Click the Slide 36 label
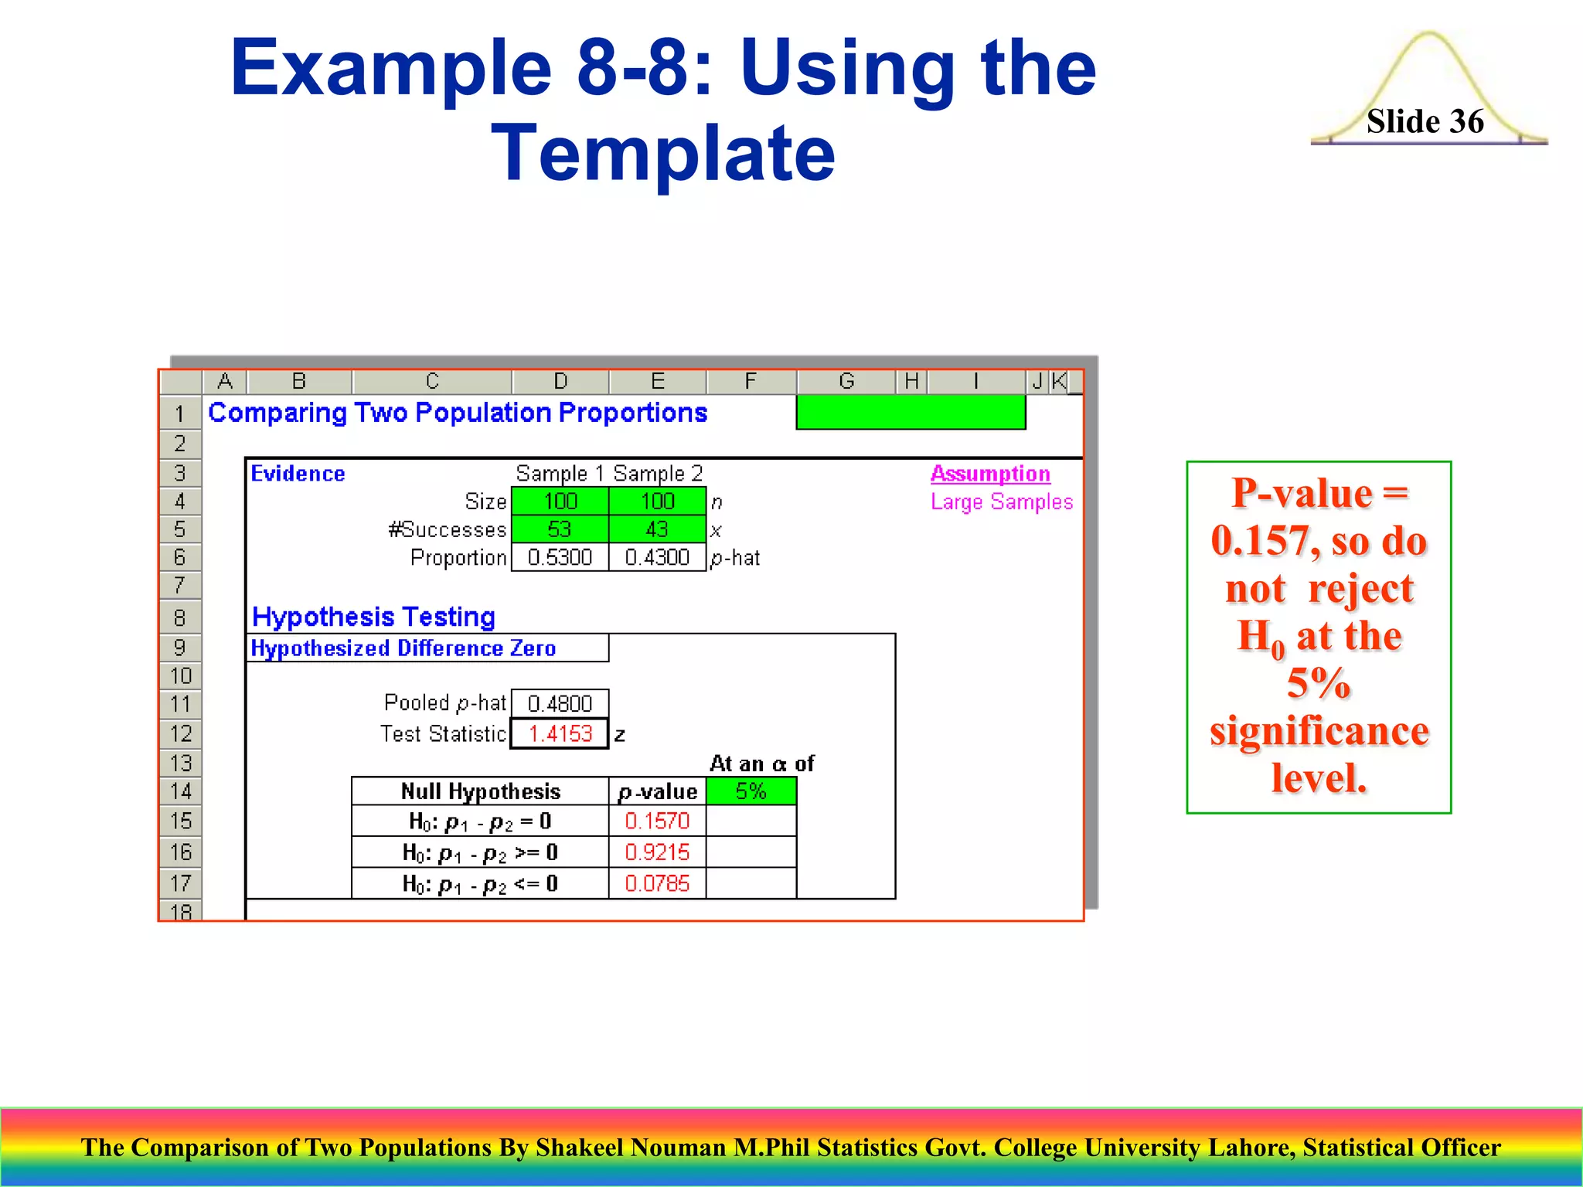tap(1425, 121)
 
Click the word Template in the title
tap(663, 154)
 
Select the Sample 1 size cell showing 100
tap(560, 502)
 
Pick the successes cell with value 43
tap(657, 529)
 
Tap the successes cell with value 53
tap(560, 529)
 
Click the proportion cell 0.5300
tap(560, 557)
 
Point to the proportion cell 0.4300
tap(657, 557)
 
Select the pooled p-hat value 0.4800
tap(560, 703)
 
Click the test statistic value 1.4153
tap(560, 733)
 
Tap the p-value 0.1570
tap(657, 821)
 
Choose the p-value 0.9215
tap(657, 852)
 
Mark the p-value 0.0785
tap(657, 883)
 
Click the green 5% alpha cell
tap(751, 791)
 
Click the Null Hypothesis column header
tap(480, 791)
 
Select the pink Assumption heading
tap(990, 473)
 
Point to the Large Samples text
tap(1002, 502)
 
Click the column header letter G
tap(846, 381)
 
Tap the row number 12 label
tap(181, 733)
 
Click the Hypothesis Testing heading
tap(373, 617)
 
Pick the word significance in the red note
tap(1319, 731)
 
